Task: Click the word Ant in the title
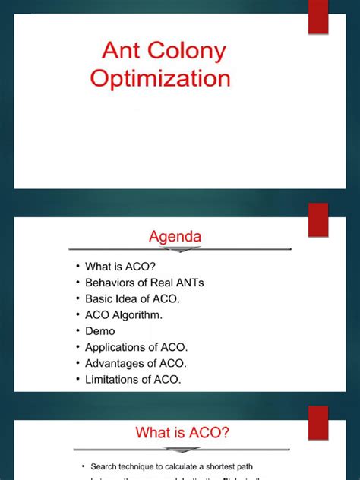point(122,52)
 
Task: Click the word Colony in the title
point(188,53)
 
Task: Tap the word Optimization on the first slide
point(160,80)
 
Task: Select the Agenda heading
point(175,237)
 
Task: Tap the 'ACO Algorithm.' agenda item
point(130,314)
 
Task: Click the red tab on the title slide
point(318,17)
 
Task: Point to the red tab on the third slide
point(318,422)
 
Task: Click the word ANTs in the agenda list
point(190,283)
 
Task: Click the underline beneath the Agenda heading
point(179,248)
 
